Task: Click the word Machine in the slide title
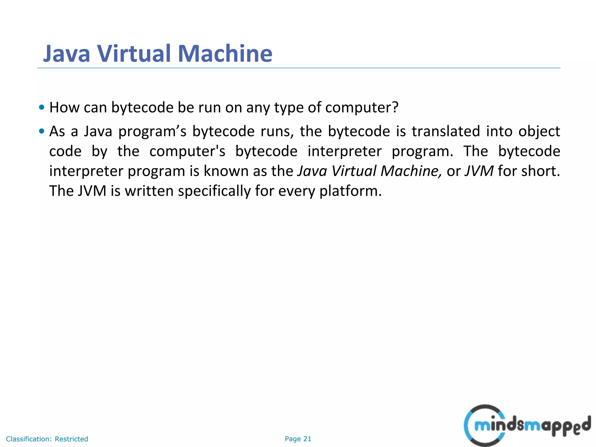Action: click(225, 54)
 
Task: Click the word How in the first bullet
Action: click(64, 107)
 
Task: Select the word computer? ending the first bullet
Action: click(362, 107)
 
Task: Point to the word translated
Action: click(446, 131)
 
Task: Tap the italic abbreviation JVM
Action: click(479, 171)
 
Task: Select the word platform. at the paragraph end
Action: click(350, 191)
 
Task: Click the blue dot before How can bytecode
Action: click(42, 107)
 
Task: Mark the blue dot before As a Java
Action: click(42, 131)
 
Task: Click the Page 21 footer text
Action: click(298, 439)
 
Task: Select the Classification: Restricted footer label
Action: click(47, 439)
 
